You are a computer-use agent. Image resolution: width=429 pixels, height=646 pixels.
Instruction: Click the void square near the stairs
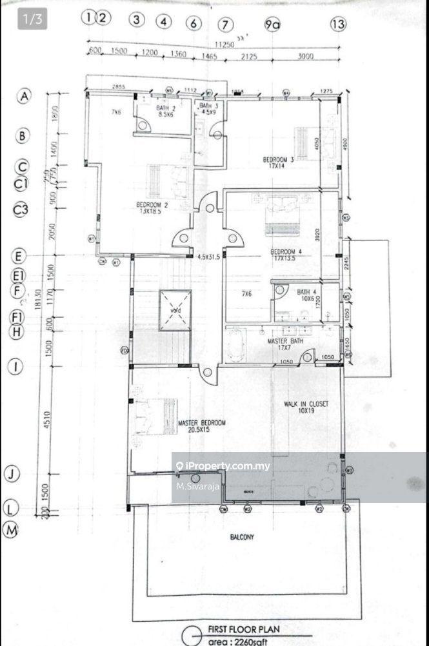click(175, 310)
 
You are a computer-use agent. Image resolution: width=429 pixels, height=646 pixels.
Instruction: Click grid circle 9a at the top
click(273, 24)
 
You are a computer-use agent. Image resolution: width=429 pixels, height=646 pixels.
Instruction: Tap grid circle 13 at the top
click(337, 24)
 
